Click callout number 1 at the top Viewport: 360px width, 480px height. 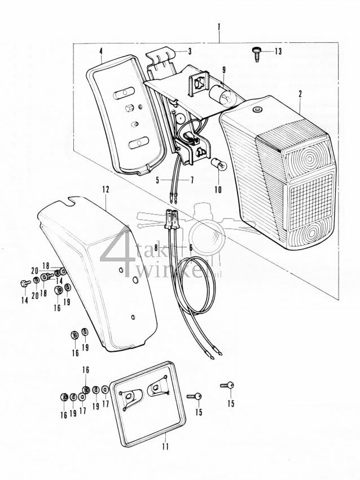[x=218, y=27]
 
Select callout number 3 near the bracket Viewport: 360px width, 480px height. [x=189, y=51]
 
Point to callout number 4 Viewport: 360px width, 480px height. [x=100, y=51]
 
